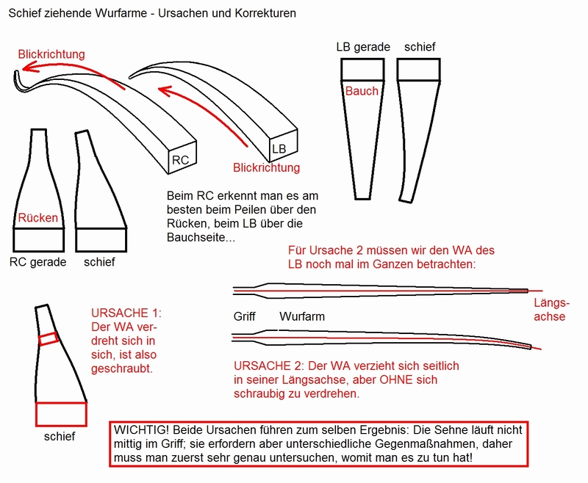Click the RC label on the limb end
[x=180, y=159]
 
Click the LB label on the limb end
[x=279, y=149]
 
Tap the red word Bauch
[x=362, y=91]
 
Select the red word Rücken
[x=37, y=218]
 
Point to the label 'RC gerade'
[x=38, y=261]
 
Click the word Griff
[x=245, y=318]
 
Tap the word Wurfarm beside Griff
[x=303, y=318]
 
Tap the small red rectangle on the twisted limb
[x=49, y=338]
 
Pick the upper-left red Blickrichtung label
[x=52, y=54]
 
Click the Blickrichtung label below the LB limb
[x=266, y=168]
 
